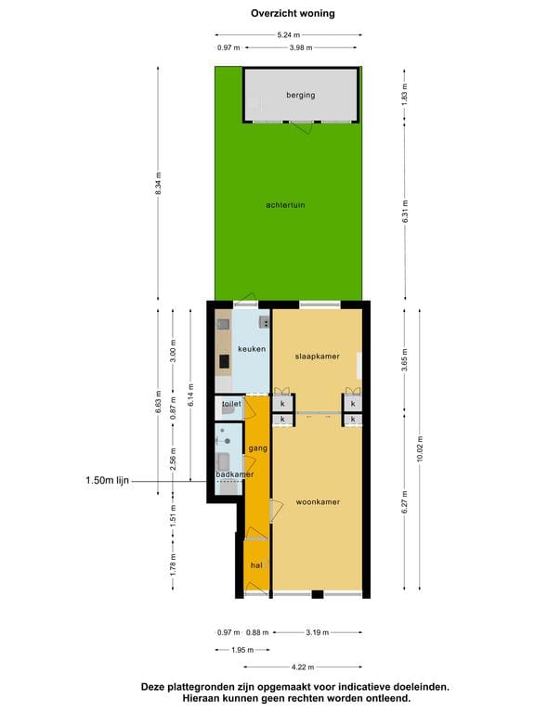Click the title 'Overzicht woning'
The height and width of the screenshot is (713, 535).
(x=293, y=14)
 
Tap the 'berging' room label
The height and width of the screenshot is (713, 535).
(x=301, y=95)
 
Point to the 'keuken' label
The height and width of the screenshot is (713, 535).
(x=252, y=349)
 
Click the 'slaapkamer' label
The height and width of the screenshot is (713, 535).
(x=317, y=356)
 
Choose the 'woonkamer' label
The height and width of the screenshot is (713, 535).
(x=318, y=502)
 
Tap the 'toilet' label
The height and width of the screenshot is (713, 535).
(x=231, y=405)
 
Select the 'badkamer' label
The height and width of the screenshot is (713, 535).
(x=234, y=474)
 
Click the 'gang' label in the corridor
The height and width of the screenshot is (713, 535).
(x=257, y=449)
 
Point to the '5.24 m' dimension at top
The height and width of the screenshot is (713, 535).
(x=289, y=35)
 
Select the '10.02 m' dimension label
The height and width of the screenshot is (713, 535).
(x=421, y=450)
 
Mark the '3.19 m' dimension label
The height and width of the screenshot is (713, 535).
(x=318, y=632)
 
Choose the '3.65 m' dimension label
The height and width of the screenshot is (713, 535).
(x=404, y=357)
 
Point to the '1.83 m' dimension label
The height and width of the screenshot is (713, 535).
(x=404, y=94)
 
